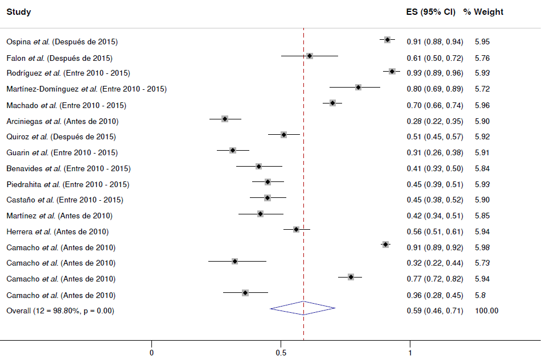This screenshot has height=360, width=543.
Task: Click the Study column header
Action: (x=19, y=12)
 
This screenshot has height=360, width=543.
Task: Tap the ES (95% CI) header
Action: (x=430, y=12)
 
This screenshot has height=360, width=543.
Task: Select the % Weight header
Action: (x=483, y=12)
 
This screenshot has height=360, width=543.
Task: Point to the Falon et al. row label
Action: (x=59, y=58)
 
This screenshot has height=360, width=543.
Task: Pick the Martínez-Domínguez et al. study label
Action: (x=86, y=89)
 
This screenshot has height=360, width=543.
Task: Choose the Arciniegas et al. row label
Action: (x=62, y=121)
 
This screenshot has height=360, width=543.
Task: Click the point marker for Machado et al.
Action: (x=332, y=103)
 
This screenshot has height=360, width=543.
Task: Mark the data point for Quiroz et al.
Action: (x=283, y=135)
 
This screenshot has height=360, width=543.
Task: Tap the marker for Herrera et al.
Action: (x=296, y=229)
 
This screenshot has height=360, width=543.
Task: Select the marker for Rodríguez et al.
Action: (x=392, y=71)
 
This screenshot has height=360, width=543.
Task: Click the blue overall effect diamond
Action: (x=303, y=308)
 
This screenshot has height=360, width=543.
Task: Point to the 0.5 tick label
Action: (x=281, y=353)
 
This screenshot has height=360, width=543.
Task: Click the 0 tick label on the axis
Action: (x=152, y=353)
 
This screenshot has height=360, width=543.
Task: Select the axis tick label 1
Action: (x=410, y=353)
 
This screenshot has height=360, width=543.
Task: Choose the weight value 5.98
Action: (x=482, y=247)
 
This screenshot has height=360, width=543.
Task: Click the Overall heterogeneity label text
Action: (x=60, y=311)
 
